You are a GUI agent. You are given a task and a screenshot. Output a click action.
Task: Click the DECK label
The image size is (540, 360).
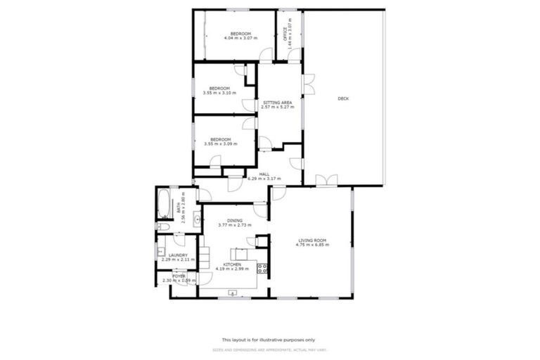point(343,98)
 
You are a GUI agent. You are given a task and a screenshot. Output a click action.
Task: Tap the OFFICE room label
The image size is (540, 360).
point(285,33)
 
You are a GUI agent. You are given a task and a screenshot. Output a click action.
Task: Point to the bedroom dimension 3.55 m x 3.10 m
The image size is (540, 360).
point(220,93)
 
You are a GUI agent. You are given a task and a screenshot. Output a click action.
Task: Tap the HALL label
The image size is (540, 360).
point(264,174)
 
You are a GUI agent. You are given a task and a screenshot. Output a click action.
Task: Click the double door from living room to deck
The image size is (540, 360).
point(326,181)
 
